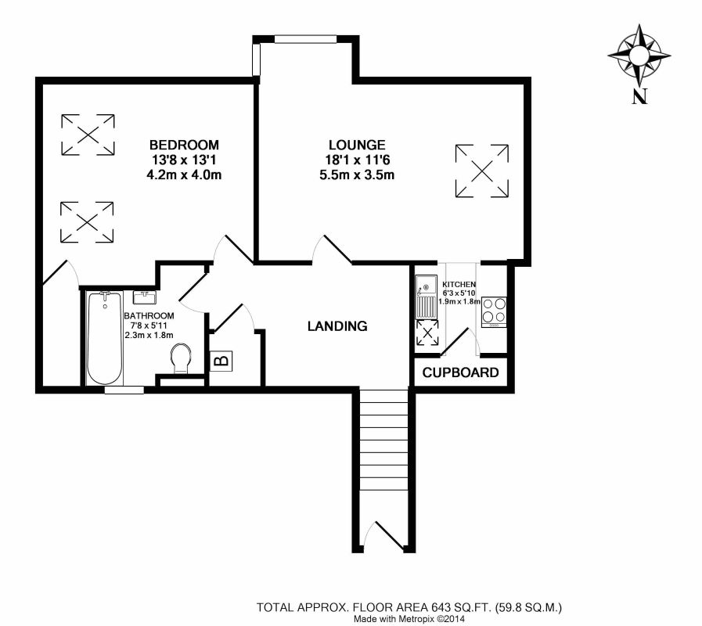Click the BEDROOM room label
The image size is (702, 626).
184,145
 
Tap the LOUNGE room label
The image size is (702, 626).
357,145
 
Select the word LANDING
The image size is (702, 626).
337,326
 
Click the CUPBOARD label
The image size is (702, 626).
460,372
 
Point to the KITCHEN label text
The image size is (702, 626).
459,284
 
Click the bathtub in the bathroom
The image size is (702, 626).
104,337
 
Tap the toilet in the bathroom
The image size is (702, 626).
181,358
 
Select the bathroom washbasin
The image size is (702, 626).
144,297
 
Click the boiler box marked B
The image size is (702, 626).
221,361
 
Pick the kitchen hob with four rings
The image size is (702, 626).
495,311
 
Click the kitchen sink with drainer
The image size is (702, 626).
427,296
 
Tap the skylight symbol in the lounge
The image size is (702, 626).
482,171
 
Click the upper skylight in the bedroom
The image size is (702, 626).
88,135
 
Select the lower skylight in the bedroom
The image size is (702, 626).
87,222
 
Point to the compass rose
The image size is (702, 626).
639,56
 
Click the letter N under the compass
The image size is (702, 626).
639,96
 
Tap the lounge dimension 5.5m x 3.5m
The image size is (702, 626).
357,174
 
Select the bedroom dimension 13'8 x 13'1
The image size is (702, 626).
184,160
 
